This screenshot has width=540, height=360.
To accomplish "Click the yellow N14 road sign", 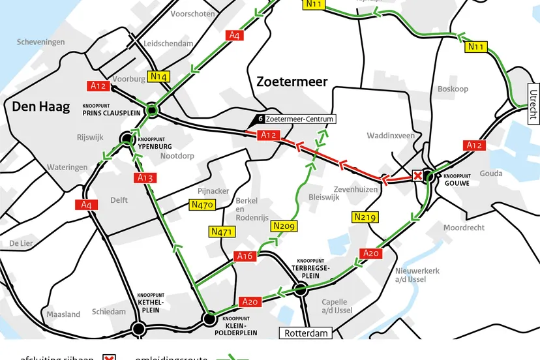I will pos(159,76).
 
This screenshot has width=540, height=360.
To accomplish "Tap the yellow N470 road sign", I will pos(202,205).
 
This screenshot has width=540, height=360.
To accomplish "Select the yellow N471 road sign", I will pos(222,231).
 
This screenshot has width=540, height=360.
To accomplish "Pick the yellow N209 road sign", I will pos(284,226).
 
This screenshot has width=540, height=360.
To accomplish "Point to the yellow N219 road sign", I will pos(365,217).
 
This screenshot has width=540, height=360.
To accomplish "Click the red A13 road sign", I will pos(145,177).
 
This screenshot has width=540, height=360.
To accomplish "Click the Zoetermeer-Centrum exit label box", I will pos(299,119).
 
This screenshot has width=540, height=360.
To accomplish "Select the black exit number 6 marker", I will pos(260,119).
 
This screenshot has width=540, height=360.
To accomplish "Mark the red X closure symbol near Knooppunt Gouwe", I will pos(417,176).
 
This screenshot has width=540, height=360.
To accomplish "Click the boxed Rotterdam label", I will pos(305,333).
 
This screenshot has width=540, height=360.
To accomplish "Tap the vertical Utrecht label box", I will pos(533,104).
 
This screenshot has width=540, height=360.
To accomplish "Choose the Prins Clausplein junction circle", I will pos(152,111).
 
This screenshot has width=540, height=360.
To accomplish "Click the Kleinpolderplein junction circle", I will pos(209,319).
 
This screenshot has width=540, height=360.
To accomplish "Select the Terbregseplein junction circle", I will pos(299,289).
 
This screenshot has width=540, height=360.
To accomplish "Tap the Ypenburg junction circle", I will pos(127,138).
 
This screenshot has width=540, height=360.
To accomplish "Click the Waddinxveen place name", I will pos(391,136).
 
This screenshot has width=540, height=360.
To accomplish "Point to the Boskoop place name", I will pos(453,89).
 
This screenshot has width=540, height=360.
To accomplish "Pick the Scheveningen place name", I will pos(41,42).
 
